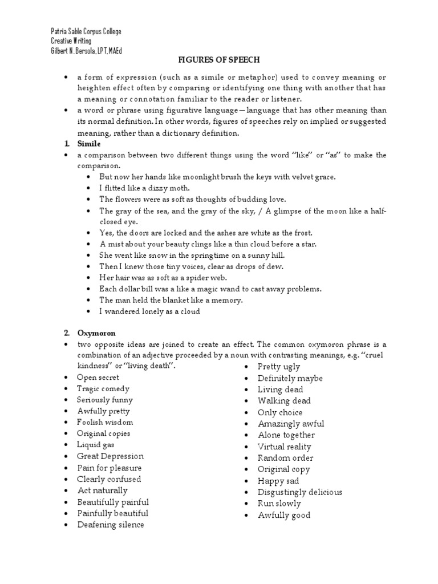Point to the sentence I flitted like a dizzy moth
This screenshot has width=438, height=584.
[144, 188]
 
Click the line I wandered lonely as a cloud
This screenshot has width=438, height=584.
[150, 311]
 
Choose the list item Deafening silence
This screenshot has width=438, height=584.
[111, 525]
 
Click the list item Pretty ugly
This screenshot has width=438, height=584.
[279, 367]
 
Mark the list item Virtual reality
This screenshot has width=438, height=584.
[285, 447]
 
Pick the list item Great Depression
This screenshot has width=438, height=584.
[111, 456]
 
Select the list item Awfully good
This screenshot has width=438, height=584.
[284, 515]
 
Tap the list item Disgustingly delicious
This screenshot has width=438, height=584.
[300, 492]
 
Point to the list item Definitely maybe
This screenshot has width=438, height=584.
[290, 378]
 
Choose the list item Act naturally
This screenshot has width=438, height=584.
[103, 490]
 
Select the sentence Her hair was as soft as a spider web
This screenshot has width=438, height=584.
[163, 278]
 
